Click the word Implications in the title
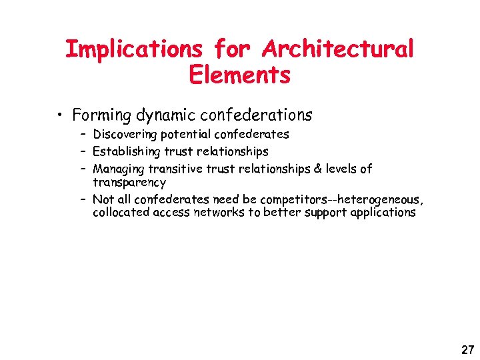click(133, 49)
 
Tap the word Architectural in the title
click(338, 49)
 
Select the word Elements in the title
click(240, 75)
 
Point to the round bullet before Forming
click(61, 116)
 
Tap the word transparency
click(129, 182)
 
